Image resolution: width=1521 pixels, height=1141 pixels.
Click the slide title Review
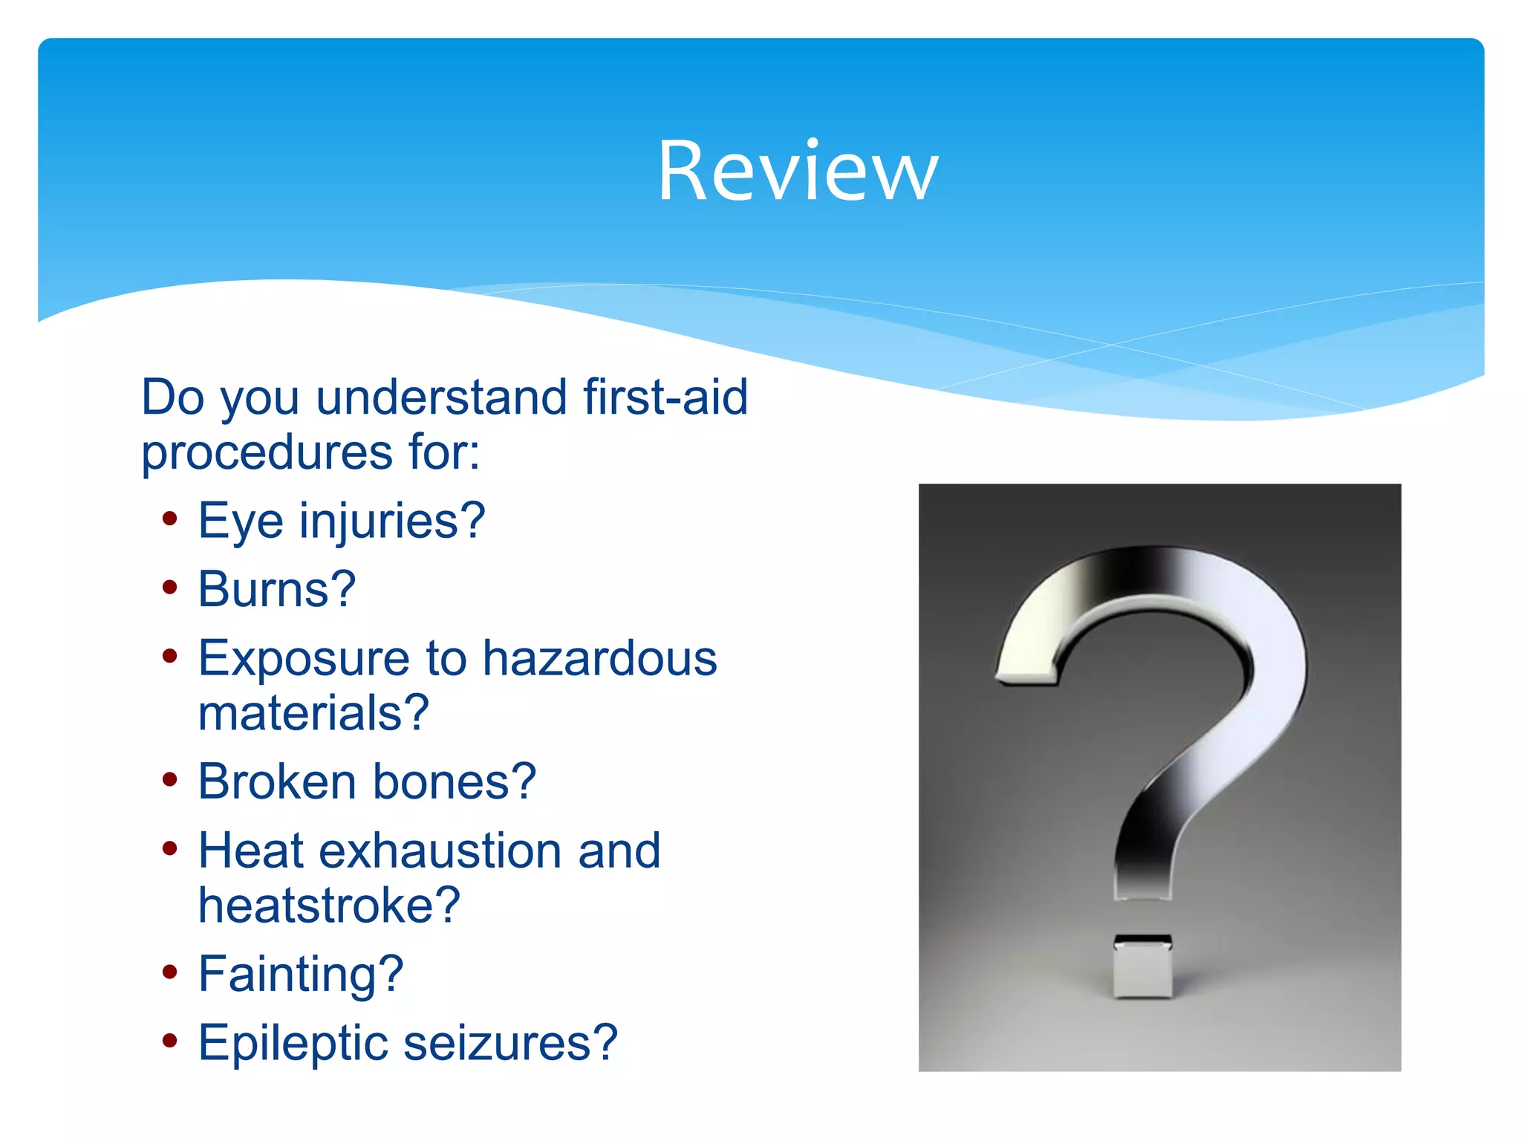pyautogui.click(x=798, y=172)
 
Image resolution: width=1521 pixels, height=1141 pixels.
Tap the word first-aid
pyautogui.click(x=665, y=397)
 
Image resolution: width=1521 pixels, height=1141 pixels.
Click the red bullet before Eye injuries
pyautogui.click(x=170, y=519)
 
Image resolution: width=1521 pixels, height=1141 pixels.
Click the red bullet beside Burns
pyautogui.click(x=170, y=588)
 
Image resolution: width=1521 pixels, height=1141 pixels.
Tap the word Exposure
pyautogui.click(x=304, y=658)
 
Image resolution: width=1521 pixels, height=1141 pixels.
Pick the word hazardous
pyautogui.click(x=599, y=658)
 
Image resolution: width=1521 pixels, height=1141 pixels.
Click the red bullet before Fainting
pyautogui.click(x=170, y=972)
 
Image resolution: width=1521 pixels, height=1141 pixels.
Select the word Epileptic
pyautogui.click(x=293, y=1043)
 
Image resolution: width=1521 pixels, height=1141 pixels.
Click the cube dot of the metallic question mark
pyautogui.click(x=1142, y=967)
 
